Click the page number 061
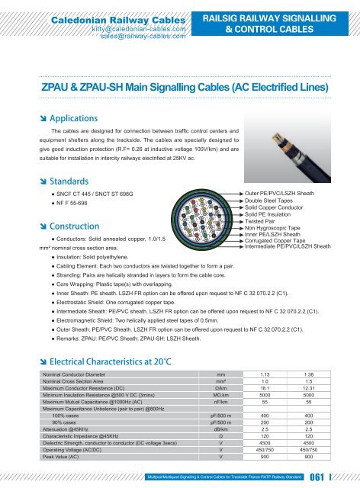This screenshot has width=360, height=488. coord(333,477)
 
